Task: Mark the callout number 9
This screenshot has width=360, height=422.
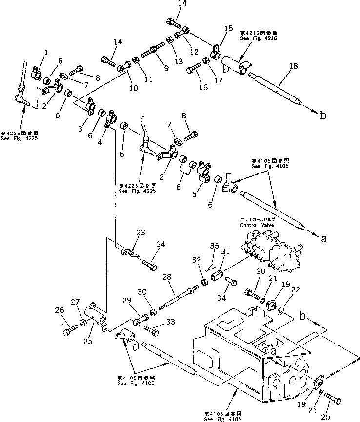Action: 166,68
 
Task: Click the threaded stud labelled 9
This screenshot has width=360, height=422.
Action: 153,52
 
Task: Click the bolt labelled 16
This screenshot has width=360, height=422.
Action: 193,66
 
